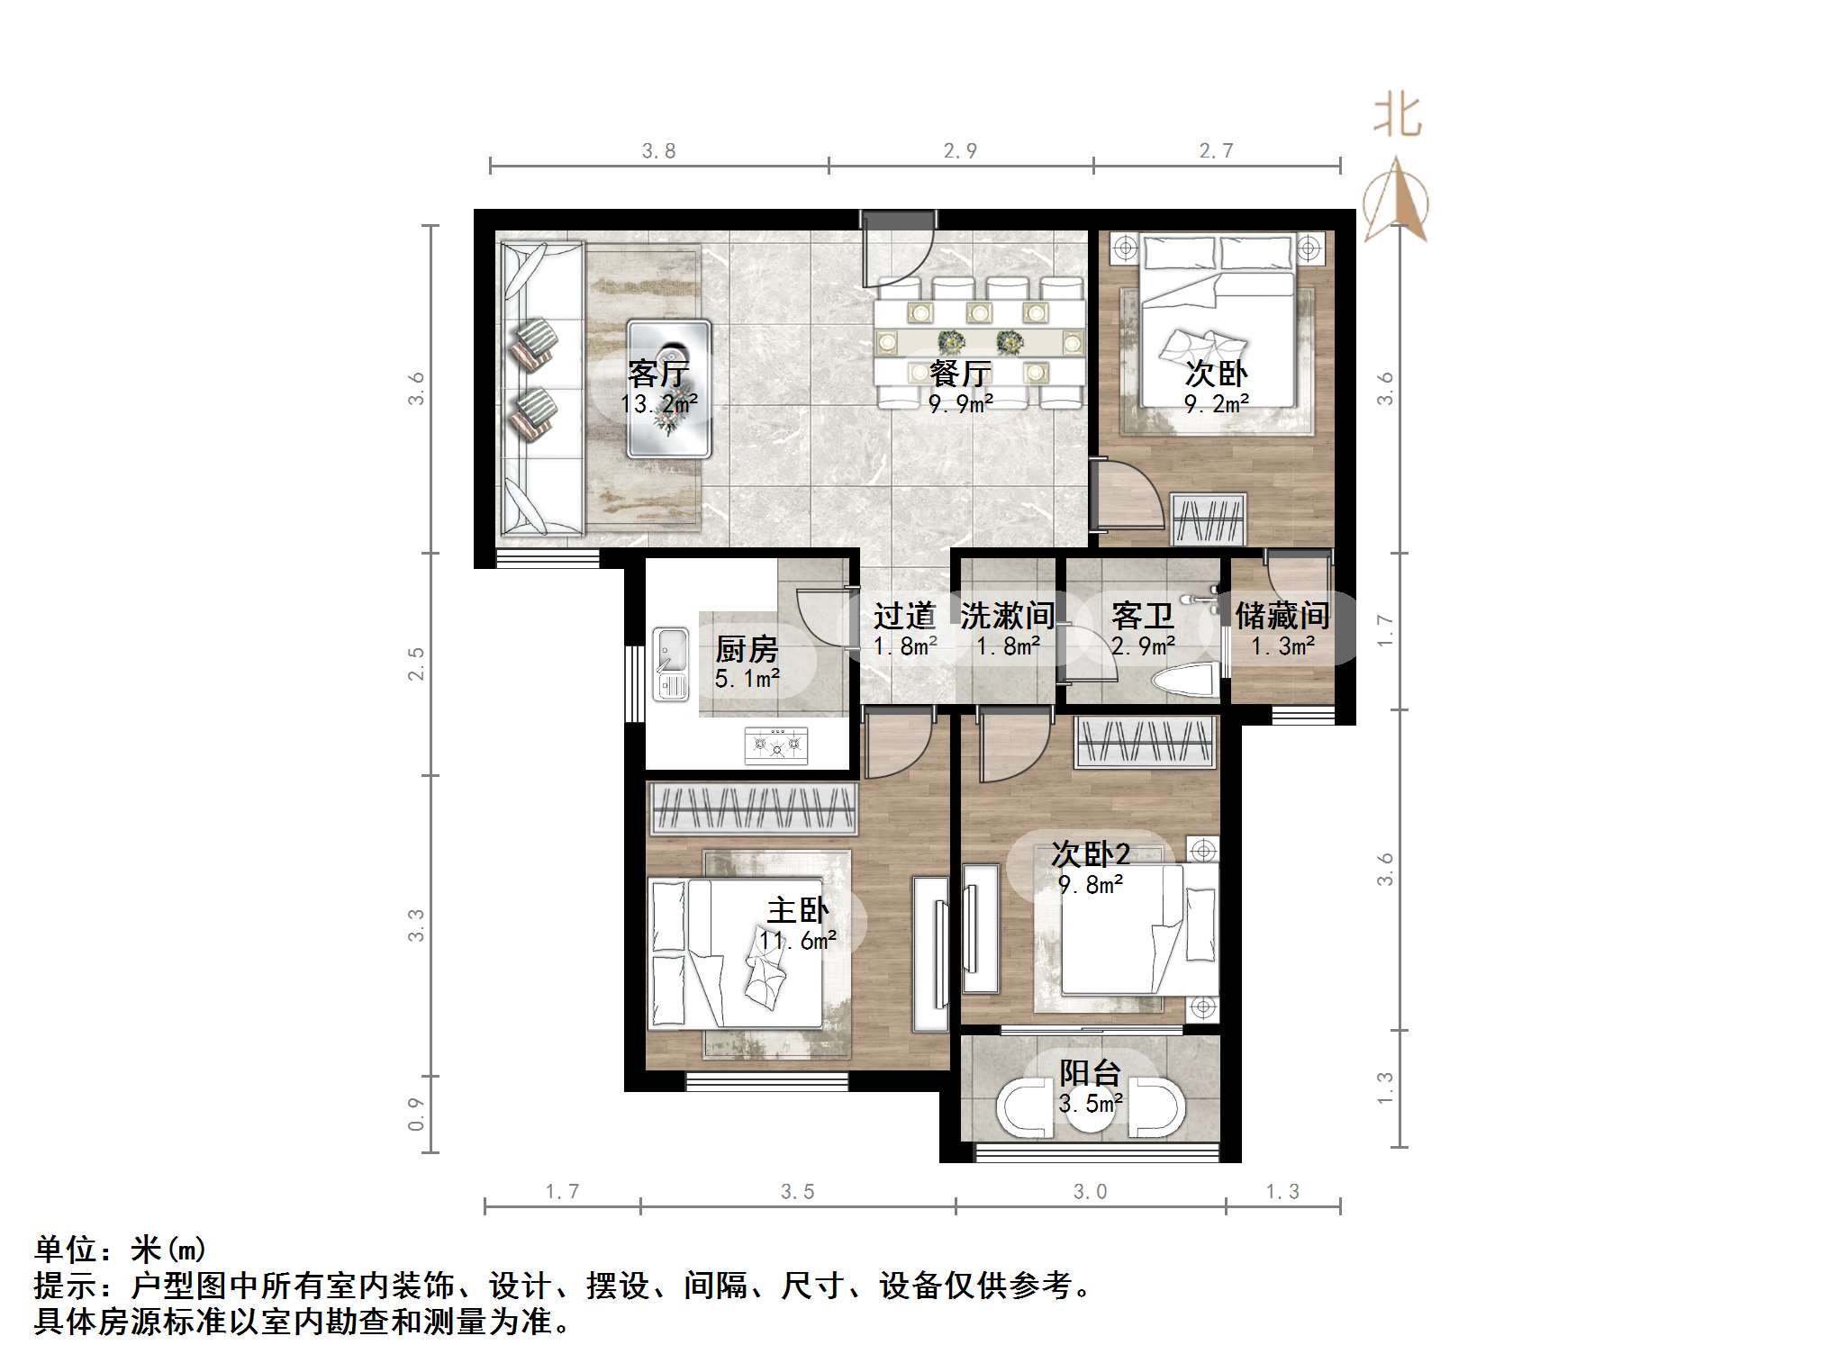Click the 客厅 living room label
pyautogui.click(x=658, y=373)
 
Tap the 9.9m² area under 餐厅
pyautogui.click(x=961, y=404)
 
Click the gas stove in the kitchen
pyautogui.click(x=776, y=745)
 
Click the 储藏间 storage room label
pyautogui.click(x=1282, y=616)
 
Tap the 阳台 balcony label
pyautogui.click(x=1090, y=1072)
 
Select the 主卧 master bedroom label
pyautogui.click(x=797, y=910)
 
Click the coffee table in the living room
pyautogui.click(x=669, y=389)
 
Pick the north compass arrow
pyautogui.click(x=1396, y=200)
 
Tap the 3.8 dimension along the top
pyautogui.click(x=658, y=151)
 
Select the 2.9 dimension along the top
pyautogui.click(x=960, y=151)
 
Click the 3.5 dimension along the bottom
pyautogui.click(x=797, y=1192)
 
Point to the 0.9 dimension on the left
pyautogui.click(x=415, y=1114)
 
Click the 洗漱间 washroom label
pyautogui.click(x=1007, y=616)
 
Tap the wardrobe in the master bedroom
pyautogui.click(x=753, y=807)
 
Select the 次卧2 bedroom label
pyautogui.click(x=1090, y=853)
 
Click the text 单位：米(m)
pyautogui.click(x=121, y=1250)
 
